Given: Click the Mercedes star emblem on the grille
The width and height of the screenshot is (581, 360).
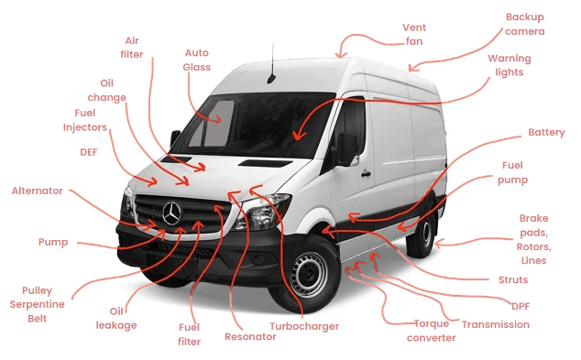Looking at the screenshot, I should (x=171, y=213).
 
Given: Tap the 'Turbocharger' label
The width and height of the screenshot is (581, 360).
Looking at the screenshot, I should (x=304, y=326).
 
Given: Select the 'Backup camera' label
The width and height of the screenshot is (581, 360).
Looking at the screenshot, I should (x=525, y=24).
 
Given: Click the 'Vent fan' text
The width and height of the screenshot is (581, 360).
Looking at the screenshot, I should (x=414, y=34).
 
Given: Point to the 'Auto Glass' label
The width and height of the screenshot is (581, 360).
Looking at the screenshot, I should (x=197, y=60).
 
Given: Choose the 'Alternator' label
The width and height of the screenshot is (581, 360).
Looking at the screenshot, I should (x=37, y=191).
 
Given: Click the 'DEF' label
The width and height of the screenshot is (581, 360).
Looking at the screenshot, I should (x=88, y=153).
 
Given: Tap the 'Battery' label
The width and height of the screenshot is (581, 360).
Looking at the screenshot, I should (x=546, y=133).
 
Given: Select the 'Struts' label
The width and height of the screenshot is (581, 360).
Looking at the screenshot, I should (x=512, y=279).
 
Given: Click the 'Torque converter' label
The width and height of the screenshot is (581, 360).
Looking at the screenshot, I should (x=431, y=330).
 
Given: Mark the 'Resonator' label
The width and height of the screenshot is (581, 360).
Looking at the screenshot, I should (x=250, y=337).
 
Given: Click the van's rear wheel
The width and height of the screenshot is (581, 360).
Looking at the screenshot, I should (x=422, y=232).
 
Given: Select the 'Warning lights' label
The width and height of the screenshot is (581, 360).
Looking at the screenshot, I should (x=509, y=65).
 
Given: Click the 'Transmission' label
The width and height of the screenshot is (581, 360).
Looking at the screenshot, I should (x=495, y=324).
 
